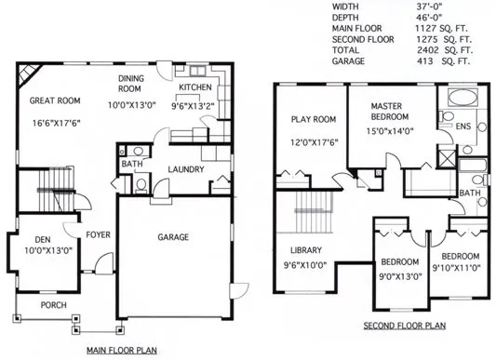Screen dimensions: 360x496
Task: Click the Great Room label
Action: [x=54, y=100]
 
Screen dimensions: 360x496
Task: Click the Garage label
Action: [x=174, y=237]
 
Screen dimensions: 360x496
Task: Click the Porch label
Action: [x=52, y=304]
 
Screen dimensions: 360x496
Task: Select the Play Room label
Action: [x=313, y=119]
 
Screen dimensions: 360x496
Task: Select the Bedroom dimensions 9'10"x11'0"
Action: [x=460, y=268]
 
